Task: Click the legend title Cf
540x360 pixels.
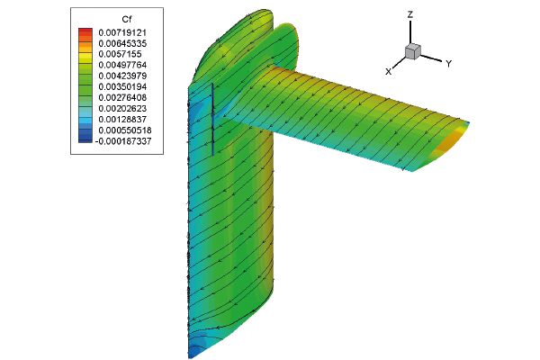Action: coord(127,19)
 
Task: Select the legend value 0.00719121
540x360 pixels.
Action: coord(122,32)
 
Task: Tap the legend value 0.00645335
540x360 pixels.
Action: coord(122,43)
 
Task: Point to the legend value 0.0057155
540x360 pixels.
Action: coord(121,54)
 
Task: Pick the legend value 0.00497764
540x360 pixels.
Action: coord(122,65)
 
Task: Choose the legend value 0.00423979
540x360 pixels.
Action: coord(122,76)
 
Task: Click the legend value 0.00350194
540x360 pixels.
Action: coord(122,86)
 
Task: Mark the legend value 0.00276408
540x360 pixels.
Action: coord(122,97)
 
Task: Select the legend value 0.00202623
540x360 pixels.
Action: coord(122,109)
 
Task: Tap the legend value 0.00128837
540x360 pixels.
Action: coord(122,119)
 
